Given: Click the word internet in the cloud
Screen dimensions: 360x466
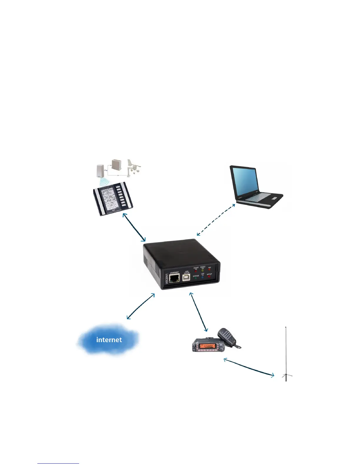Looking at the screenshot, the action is [109, 340].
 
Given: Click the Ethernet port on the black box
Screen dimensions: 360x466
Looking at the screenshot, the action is [174, 278].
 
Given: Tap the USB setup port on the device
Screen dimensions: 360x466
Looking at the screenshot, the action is [186, 278].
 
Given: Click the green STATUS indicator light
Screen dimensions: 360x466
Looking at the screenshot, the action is [196, 279].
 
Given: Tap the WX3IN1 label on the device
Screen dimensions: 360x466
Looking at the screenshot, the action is [167, 279].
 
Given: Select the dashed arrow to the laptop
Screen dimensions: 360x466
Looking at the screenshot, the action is [216, 219].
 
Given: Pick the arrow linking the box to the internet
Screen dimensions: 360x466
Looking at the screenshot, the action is [141, 306].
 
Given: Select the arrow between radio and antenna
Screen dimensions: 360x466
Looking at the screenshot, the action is [249, 367].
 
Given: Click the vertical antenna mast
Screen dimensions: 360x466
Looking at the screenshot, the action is [286, 353].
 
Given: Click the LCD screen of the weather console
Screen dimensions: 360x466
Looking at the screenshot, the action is [107, 200].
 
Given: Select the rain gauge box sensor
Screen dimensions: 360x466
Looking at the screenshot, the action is [116, 166].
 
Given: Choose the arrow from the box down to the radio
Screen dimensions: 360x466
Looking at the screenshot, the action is [199, 312].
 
